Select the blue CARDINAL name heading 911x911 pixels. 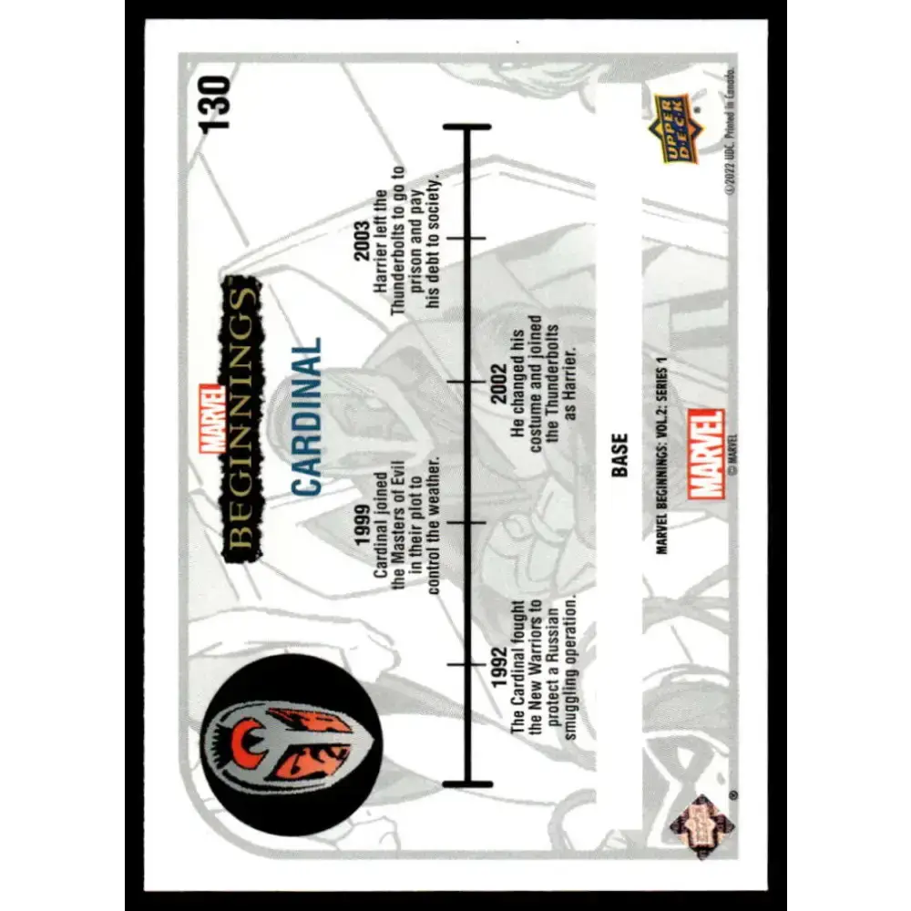pos(305,416)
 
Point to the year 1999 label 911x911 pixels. pos(363,526)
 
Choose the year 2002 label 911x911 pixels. pos(498,384)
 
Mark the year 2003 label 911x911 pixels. pos(362,241)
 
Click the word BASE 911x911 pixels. pos(619,455)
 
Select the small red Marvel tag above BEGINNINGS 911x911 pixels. pos(212,419)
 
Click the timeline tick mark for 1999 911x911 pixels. pos(466,523)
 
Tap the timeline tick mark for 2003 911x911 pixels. pos(466,238)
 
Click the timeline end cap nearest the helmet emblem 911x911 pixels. pos(467,783)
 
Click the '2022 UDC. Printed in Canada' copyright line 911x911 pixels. pos(731,135)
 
